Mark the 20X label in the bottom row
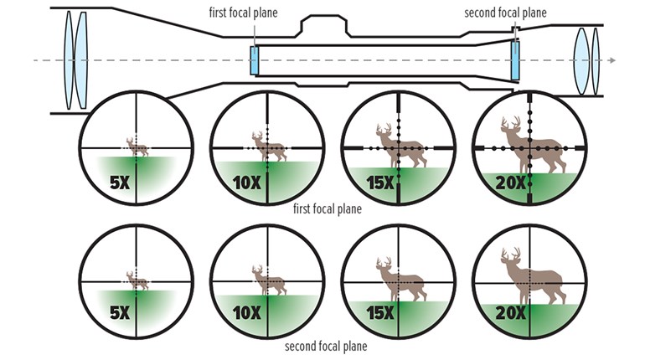click(511, 314)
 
